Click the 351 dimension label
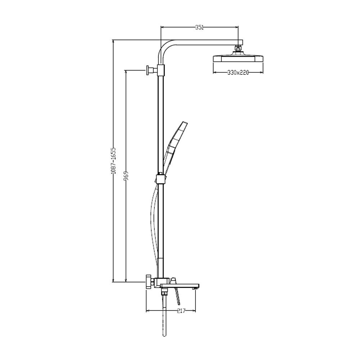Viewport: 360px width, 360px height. click(199, 28)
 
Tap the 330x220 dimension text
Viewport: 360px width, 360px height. click(238, 73)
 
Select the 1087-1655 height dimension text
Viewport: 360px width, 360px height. click(113, 161)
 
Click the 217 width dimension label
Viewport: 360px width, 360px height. click(181, 311)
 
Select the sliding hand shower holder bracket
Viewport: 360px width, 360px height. click(161, 179)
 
